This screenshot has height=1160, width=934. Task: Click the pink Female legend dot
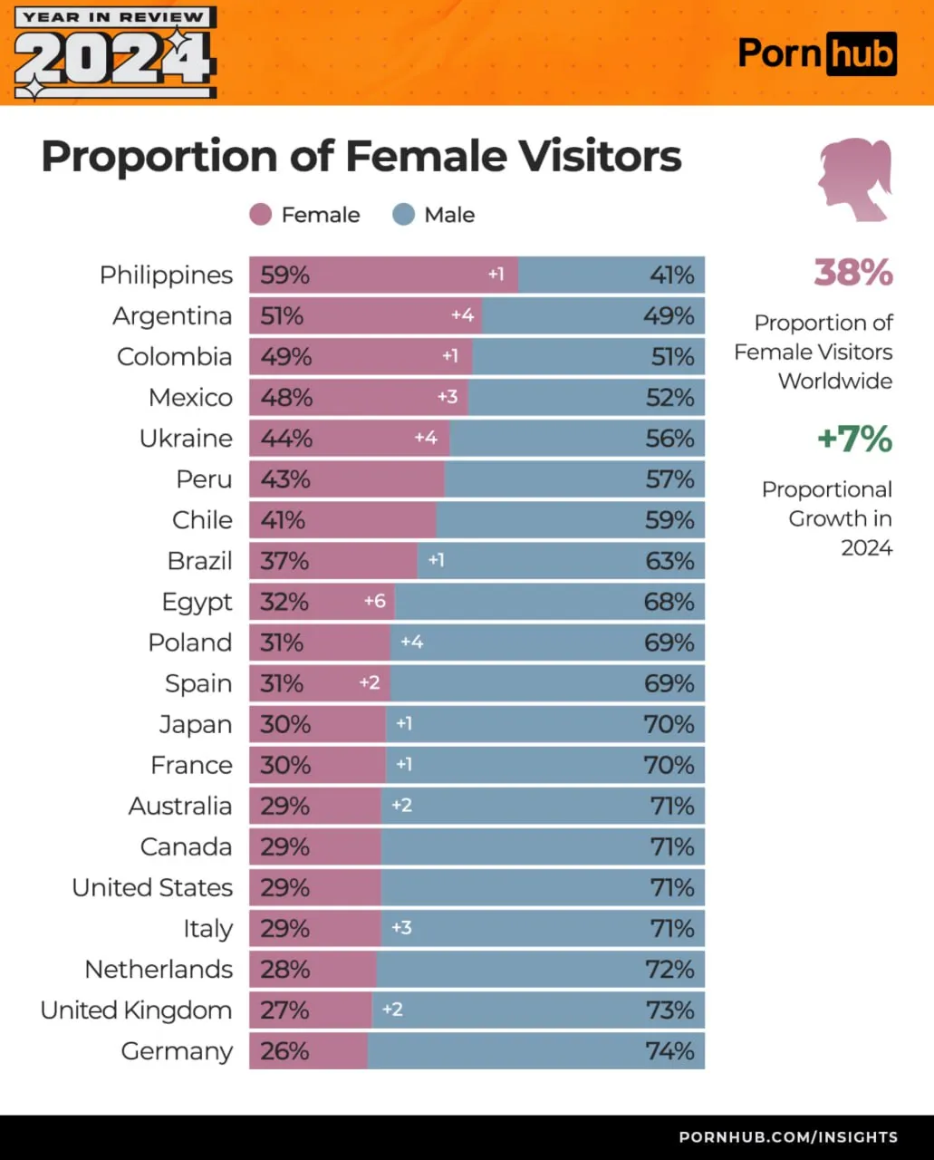261,215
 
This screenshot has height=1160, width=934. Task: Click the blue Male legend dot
404,215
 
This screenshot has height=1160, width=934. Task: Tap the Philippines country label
166,275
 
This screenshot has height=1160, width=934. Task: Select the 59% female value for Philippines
284,275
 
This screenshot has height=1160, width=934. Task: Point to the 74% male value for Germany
669,1051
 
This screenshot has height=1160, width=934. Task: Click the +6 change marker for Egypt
374,601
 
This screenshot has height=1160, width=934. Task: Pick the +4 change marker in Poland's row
411,642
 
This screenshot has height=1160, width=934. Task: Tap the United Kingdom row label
136,1010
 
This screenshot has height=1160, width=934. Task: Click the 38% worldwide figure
852,273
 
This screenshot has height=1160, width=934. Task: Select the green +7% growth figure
854,440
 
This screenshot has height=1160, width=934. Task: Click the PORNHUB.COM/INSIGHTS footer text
788,1136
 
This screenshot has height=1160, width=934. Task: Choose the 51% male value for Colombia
672,357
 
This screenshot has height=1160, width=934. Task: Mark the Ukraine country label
186,439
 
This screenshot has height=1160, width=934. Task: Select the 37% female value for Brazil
284,561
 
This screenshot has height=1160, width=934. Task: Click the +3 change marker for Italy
401,927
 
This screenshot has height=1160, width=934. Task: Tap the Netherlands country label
159,970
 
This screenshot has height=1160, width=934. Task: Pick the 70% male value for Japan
669,724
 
